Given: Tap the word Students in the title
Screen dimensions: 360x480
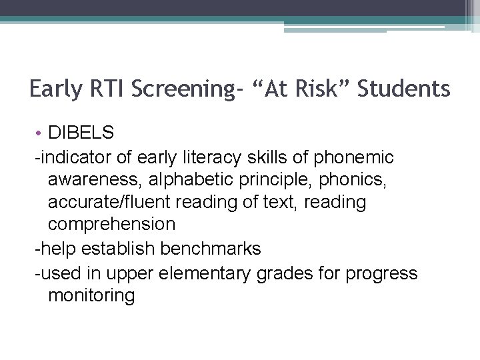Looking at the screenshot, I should pos(404,89).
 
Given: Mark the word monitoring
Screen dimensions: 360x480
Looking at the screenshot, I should pos(91,295).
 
